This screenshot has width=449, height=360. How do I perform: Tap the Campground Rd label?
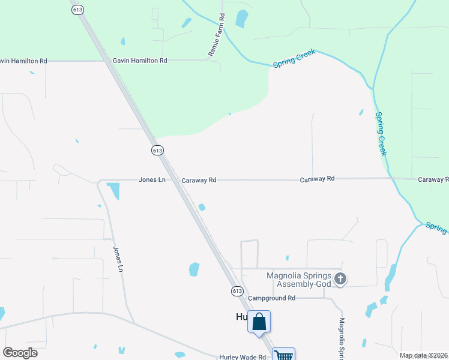[x=272, y=298]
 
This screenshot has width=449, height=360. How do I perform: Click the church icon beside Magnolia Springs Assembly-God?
[x=341, y=278]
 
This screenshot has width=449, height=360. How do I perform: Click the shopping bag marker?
[x=259, y=322]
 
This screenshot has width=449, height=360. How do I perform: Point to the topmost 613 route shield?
[x=76, y=10]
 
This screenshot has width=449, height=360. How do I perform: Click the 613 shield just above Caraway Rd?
[x=157, y=150]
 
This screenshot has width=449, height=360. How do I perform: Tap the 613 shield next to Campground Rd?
[x=237, y=290]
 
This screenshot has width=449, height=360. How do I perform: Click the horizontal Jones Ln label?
[x=152, y=179]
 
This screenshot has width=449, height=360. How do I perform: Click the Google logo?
[x=20, y=353]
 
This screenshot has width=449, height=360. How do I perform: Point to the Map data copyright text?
[x=423, y=355]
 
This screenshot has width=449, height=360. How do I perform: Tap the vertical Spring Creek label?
[x=381, y=133]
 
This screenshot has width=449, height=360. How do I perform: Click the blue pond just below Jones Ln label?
[x=113, y=191]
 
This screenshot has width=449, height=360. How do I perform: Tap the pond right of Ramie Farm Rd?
[x=241, y=19]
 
